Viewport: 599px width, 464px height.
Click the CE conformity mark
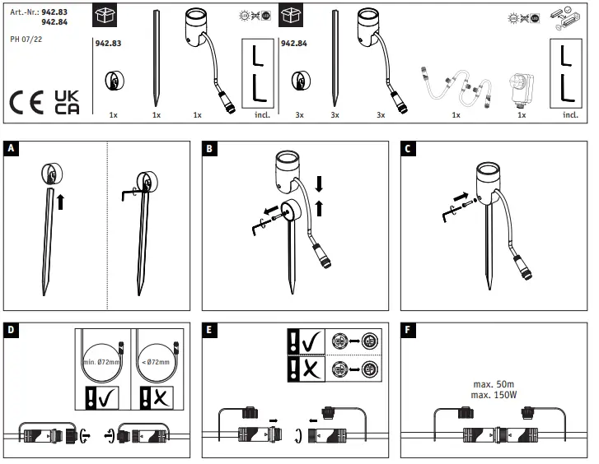28,102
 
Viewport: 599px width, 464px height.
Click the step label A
11,149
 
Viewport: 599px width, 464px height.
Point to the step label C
409,149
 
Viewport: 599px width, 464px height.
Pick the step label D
11,329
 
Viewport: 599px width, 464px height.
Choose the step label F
409,329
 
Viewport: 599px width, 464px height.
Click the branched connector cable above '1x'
455,86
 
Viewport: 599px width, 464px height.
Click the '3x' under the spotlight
381,116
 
